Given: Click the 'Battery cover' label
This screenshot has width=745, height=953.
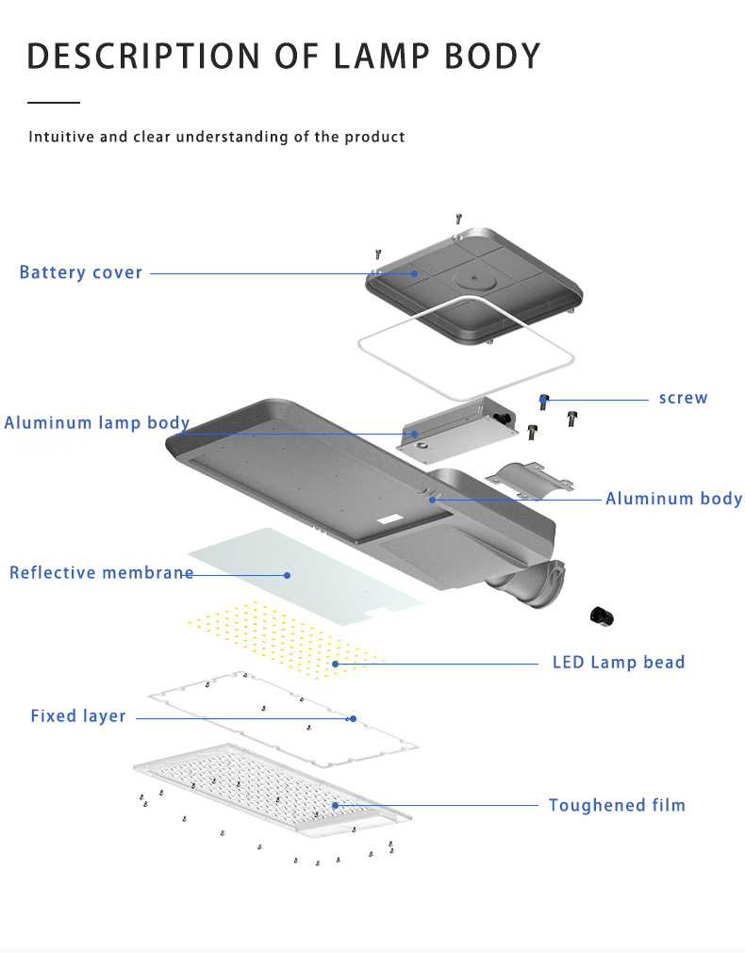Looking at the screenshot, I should tap(81, 272).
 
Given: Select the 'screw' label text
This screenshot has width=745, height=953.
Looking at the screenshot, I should tap(683, 398).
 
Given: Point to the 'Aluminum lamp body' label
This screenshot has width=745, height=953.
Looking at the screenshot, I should tap(96, 422).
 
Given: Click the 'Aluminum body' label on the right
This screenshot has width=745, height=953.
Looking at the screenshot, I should tap(673, 499).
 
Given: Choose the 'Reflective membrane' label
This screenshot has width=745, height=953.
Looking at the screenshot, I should tap(101, 572).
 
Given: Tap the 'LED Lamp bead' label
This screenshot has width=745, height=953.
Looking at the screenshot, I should tap(618, 663).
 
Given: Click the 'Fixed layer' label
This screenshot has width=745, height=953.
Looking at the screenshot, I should tap(78, 716).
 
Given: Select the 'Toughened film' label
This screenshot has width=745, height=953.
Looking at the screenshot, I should tap(617, 805).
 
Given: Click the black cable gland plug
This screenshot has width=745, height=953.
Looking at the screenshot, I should tap(601, 616).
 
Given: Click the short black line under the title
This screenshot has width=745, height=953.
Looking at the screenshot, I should tap(54, 101).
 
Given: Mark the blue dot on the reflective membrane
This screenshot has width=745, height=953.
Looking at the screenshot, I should tap(288, 573).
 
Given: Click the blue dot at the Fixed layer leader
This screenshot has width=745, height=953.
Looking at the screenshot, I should tap(353, 718).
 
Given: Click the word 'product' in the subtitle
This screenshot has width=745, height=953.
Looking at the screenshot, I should tap(374, 137).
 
